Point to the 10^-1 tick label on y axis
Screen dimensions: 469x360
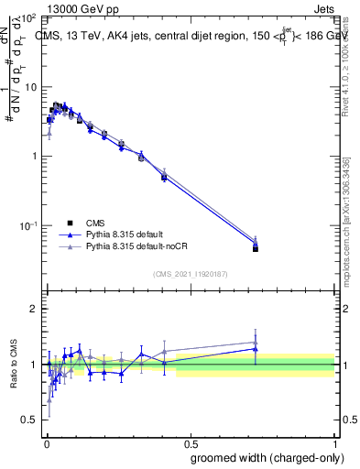coord(27,225)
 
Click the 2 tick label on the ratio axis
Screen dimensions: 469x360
coord(34,309)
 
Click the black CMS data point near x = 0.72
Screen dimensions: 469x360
coord(256,248)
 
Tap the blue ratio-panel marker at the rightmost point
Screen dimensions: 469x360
coord(256,349)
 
